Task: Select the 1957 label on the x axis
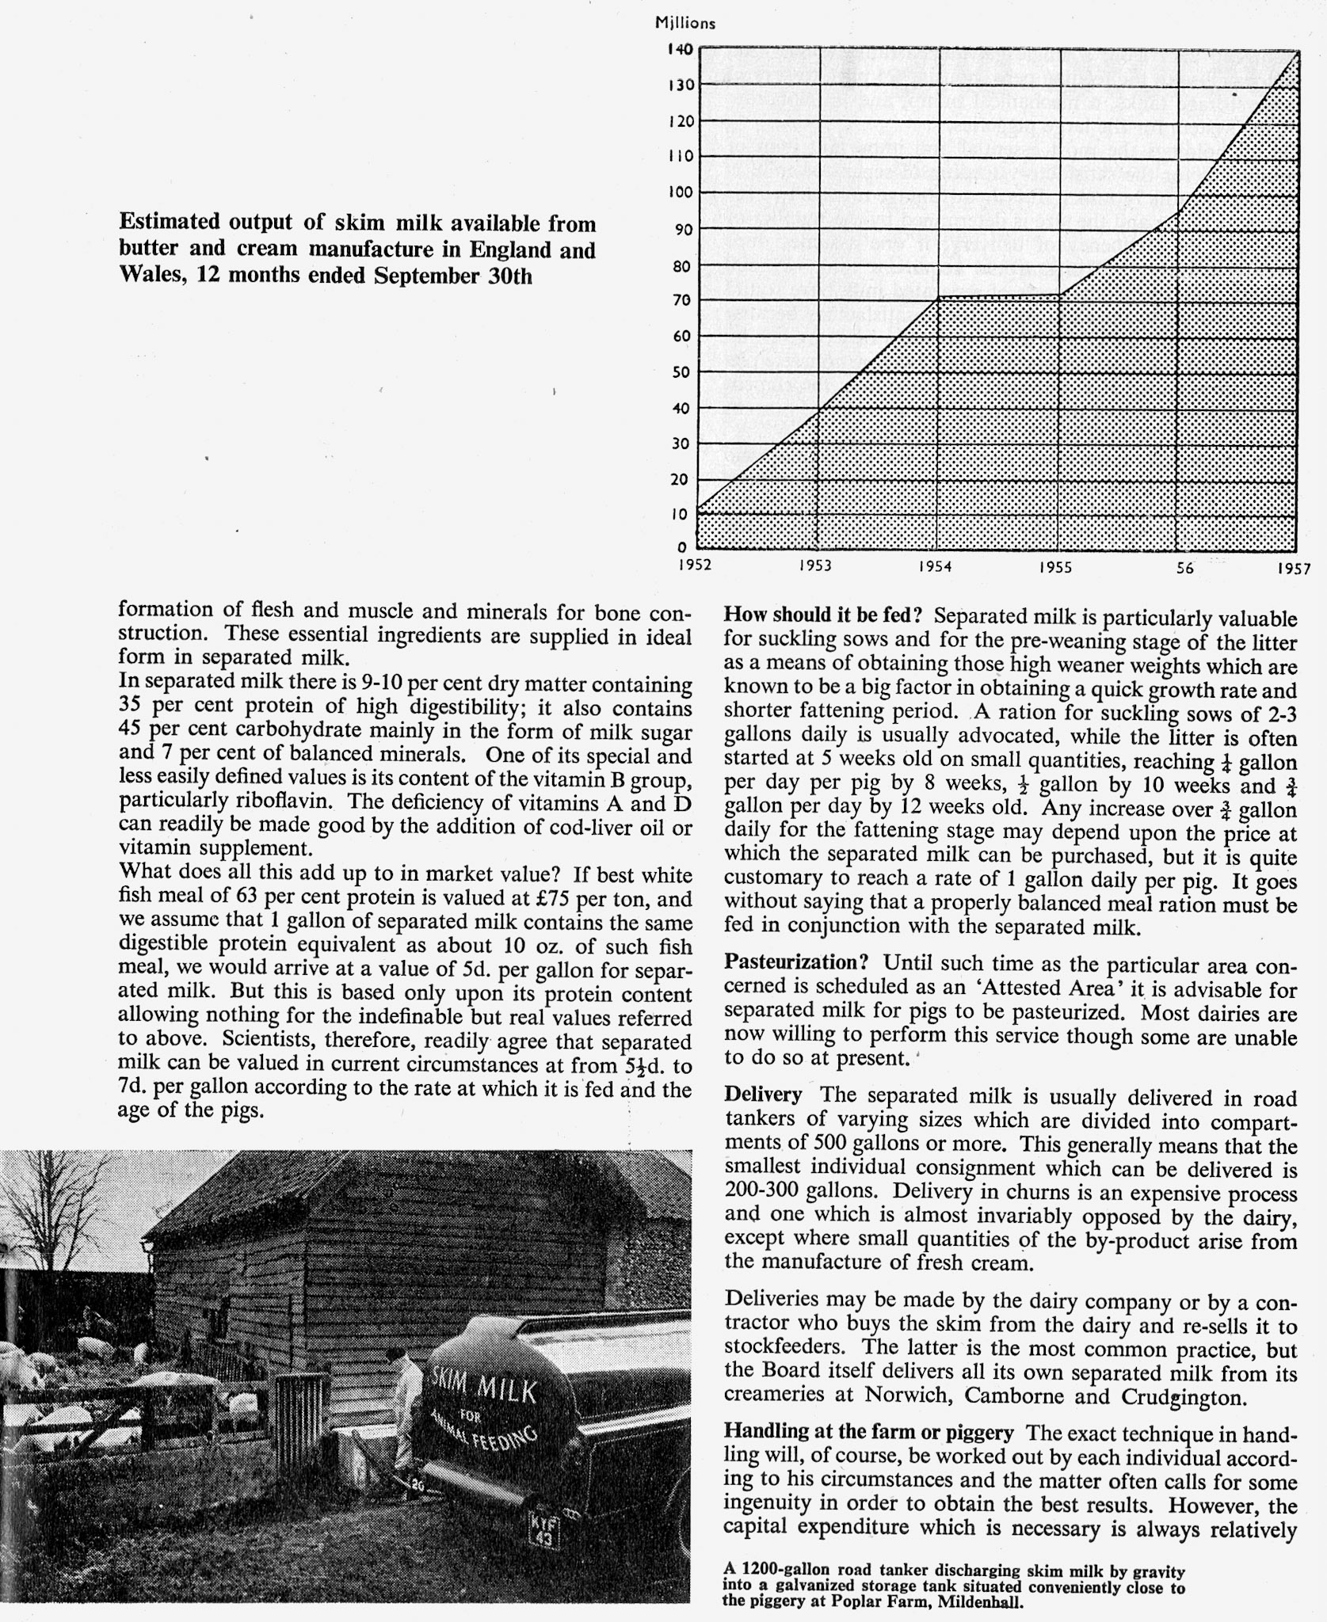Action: click(x=1294, y=568)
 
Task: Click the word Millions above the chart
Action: click(x=685, y=24)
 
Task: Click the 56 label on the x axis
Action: click(x=1185, y=567)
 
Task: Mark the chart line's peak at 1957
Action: click(x=1297, y=52)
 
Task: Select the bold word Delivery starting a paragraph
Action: click(x=763, y=1095)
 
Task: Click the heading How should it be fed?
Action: click(x=826, y=616)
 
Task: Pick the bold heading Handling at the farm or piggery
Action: click(x=868, y=1432)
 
